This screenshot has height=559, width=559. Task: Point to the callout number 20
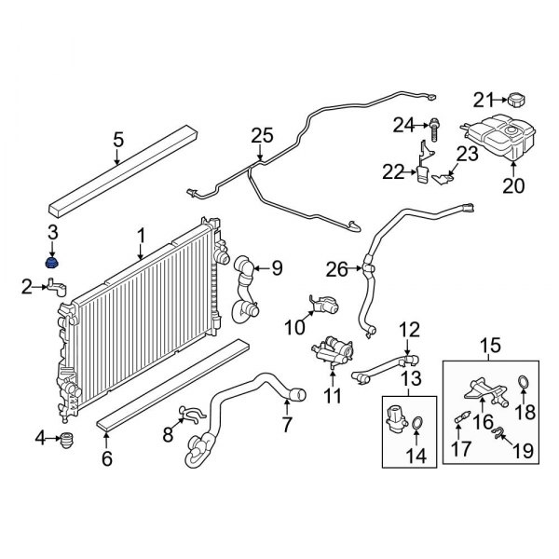point(514,185)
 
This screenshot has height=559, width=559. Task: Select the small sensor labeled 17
point(459,422)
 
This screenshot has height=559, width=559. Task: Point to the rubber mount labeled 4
point(66,439)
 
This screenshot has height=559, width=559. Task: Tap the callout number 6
point(106,457)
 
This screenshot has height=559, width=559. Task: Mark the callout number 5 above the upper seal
point(118,141)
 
